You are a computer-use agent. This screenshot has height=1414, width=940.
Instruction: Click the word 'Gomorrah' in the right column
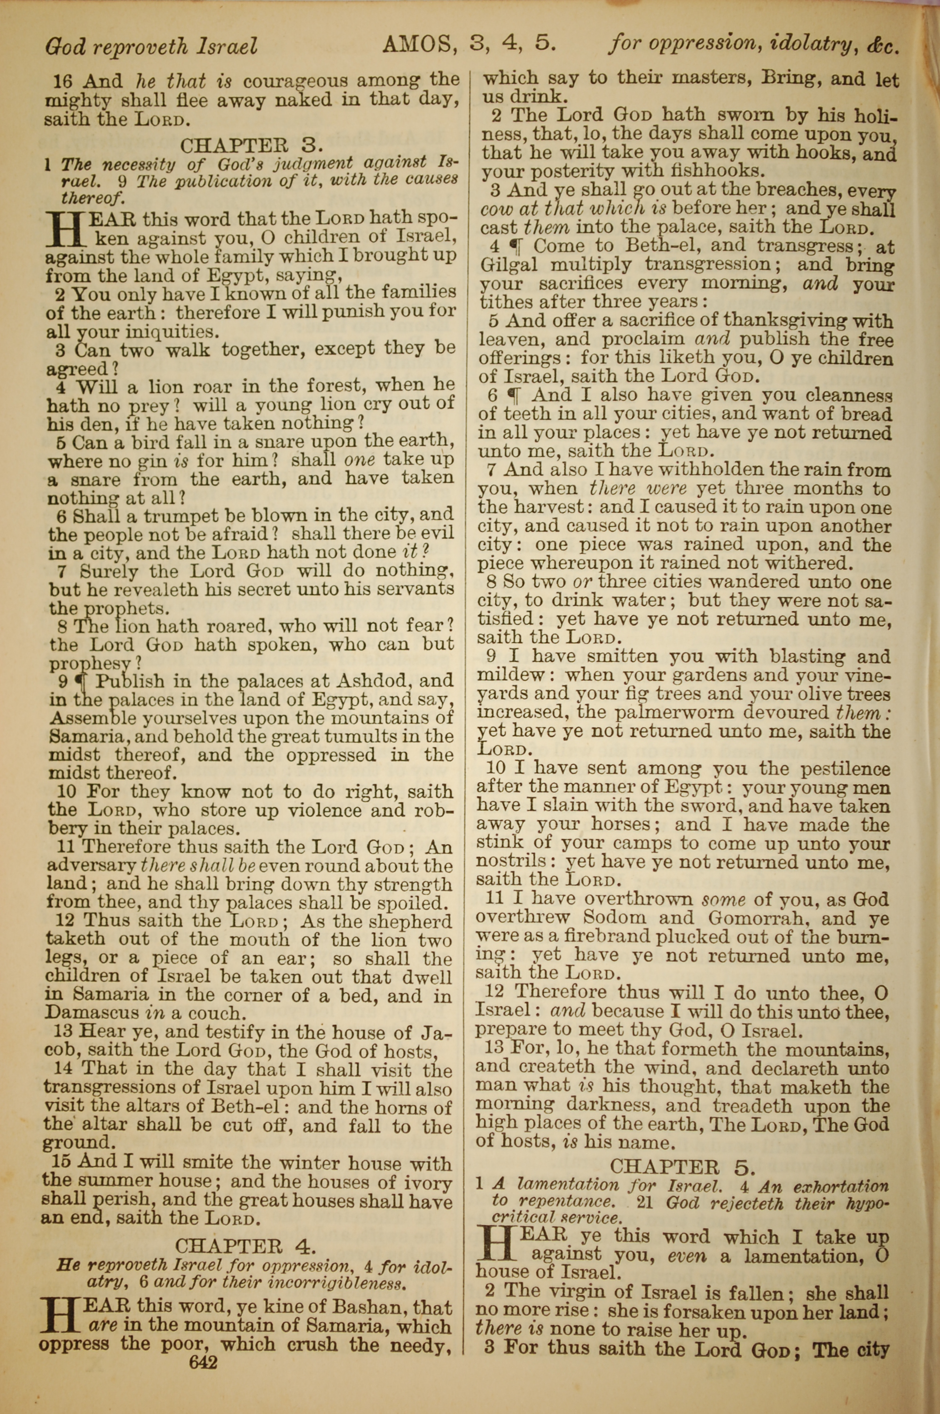pos(752,918)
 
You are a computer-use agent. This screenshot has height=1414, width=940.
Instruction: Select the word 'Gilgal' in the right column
pos(508,264)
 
